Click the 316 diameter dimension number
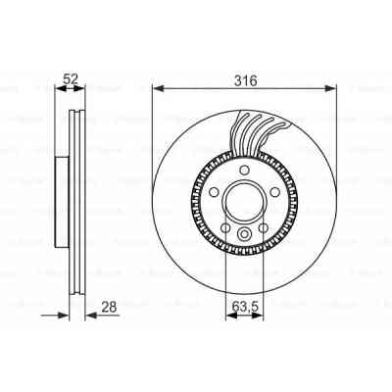point(244,81)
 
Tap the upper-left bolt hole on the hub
point(210,192)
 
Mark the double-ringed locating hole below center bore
point(241,235)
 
